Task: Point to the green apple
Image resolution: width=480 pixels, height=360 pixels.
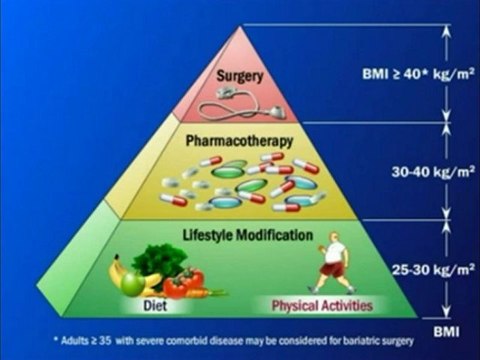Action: point(133,284)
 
